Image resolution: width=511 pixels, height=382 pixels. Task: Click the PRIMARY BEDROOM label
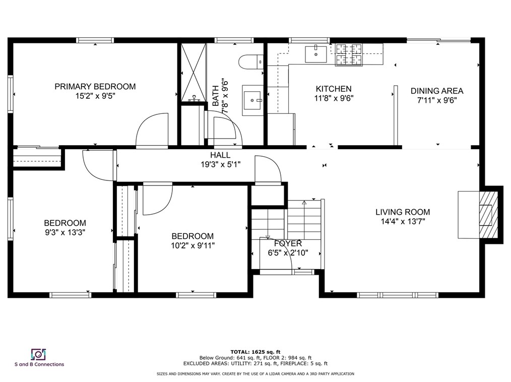click(x=95, y=87)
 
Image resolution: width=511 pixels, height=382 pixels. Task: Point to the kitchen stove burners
click(x=349, y=54)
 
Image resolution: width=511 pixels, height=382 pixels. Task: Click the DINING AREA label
click(x=436, y=91)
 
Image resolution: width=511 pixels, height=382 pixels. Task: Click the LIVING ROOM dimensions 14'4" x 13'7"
click(x=402, y=221)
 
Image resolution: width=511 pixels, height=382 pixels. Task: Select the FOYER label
click(x=288, y=244)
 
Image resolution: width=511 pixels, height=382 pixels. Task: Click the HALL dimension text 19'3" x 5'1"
click(x=221, y=164)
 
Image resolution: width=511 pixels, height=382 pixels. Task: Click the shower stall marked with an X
click(x=194, y=71)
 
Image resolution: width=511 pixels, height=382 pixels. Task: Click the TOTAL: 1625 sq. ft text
click(x=255, y=351)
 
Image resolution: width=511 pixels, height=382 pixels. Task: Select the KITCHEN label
click(x=333, y=89)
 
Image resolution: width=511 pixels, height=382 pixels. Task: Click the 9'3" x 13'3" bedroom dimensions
click(x=65, y=232)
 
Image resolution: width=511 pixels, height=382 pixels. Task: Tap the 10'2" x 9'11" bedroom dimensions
click(x=193, y=245)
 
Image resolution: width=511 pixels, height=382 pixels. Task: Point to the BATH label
click(x=216, y=96)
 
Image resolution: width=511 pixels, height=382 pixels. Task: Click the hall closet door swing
click(x=267, y=169)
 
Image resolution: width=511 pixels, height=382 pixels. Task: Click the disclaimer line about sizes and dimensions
click(x=255, y=374)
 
